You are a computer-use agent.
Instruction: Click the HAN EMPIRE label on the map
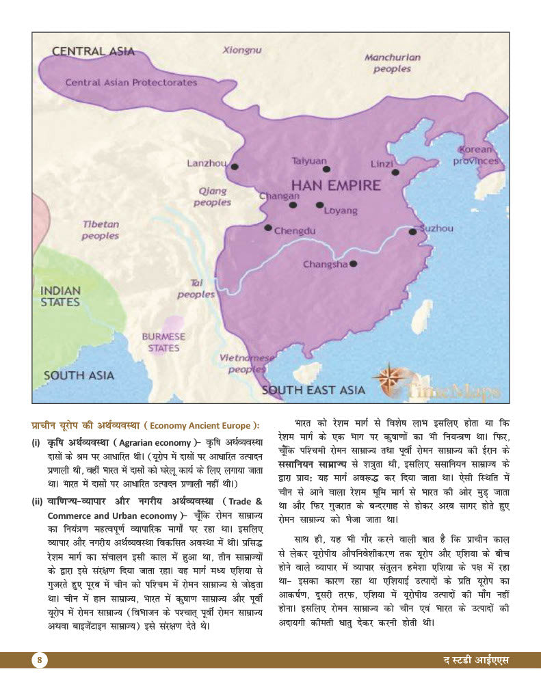click(336, 185)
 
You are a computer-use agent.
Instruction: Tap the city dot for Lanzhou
click(235, 166)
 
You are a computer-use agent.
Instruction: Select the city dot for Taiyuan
click(326, 169)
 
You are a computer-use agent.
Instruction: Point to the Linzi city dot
click(395, 172)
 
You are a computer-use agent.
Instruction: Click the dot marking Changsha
click(353, 263)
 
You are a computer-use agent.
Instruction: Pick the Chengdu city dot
click(268, 228)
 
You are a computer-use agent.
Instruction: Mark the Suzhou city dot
click(412, 232)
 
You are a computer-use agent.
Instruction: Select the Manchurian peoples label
click(392, 63)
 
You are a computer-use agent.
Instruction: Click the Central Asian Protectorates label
click(131, 83)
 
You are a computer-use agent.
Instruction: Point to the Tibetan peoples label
click(101, 230)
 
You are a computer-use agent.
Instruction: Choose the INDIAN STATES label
click(60, 296)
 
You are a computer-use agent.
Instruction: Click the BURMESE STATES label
click(163, 342)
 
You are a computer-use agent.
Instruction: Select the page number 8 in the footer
click(40, 660)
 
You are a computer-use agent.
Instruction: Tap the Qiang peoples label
click(212, 197)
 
